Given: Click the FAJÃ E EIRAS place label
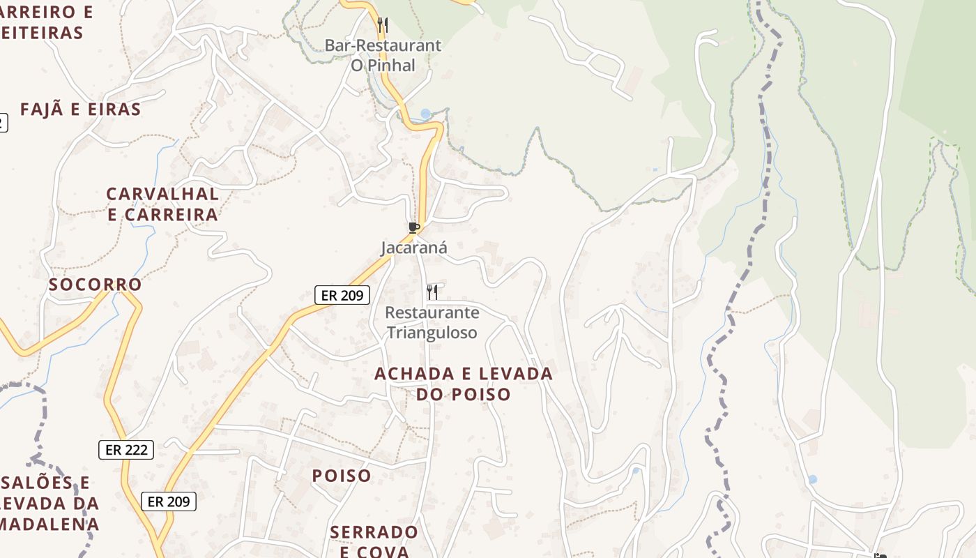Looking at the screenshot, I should [81, 110].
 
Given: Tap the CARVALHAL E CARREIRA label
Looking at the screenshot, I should [162, 204].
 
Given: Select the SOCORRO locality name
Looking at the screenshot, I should [96, 285].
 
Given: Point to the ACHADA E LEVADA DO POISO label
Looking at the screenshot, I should [464, 384].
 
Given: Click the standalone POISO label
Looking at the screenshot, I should [342, 476].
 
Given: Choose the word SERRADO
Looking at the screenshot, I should [374, 533].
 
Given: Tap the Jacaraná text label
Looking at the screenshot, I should [414, 248].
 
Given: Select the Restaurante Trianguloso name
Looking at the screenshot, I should [432, 322].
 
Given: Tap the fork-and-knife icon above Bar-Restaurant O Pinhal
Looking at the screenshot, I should [382, 25].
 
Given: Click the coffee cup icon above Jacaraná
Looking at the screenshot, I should [414, 227].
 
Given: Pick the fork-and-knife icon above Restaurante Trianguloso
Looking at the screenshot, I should [432, 292].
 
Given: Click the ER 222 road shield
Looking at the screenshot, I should [126, 450].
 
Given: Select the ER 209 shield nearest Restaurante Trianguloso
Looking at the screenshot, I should [342, 295].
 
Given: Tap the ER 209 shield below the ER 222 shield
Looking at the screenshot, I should [169, 502].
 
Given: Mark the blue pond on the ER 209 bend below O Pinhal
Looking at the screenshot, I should [425, 114].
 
